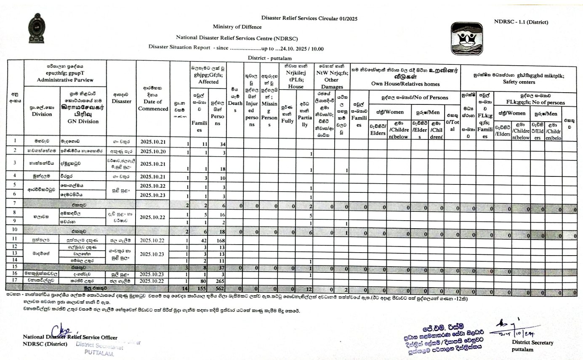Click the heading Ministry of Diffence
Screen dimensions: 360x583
click(237, 27)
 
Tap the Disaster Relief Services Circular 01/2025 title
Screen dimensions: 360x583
click(309, 18)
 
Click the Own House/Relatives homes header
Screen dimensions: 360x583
click(405, 84)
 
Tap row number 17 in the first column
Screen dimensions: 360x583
click(15, 280)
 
